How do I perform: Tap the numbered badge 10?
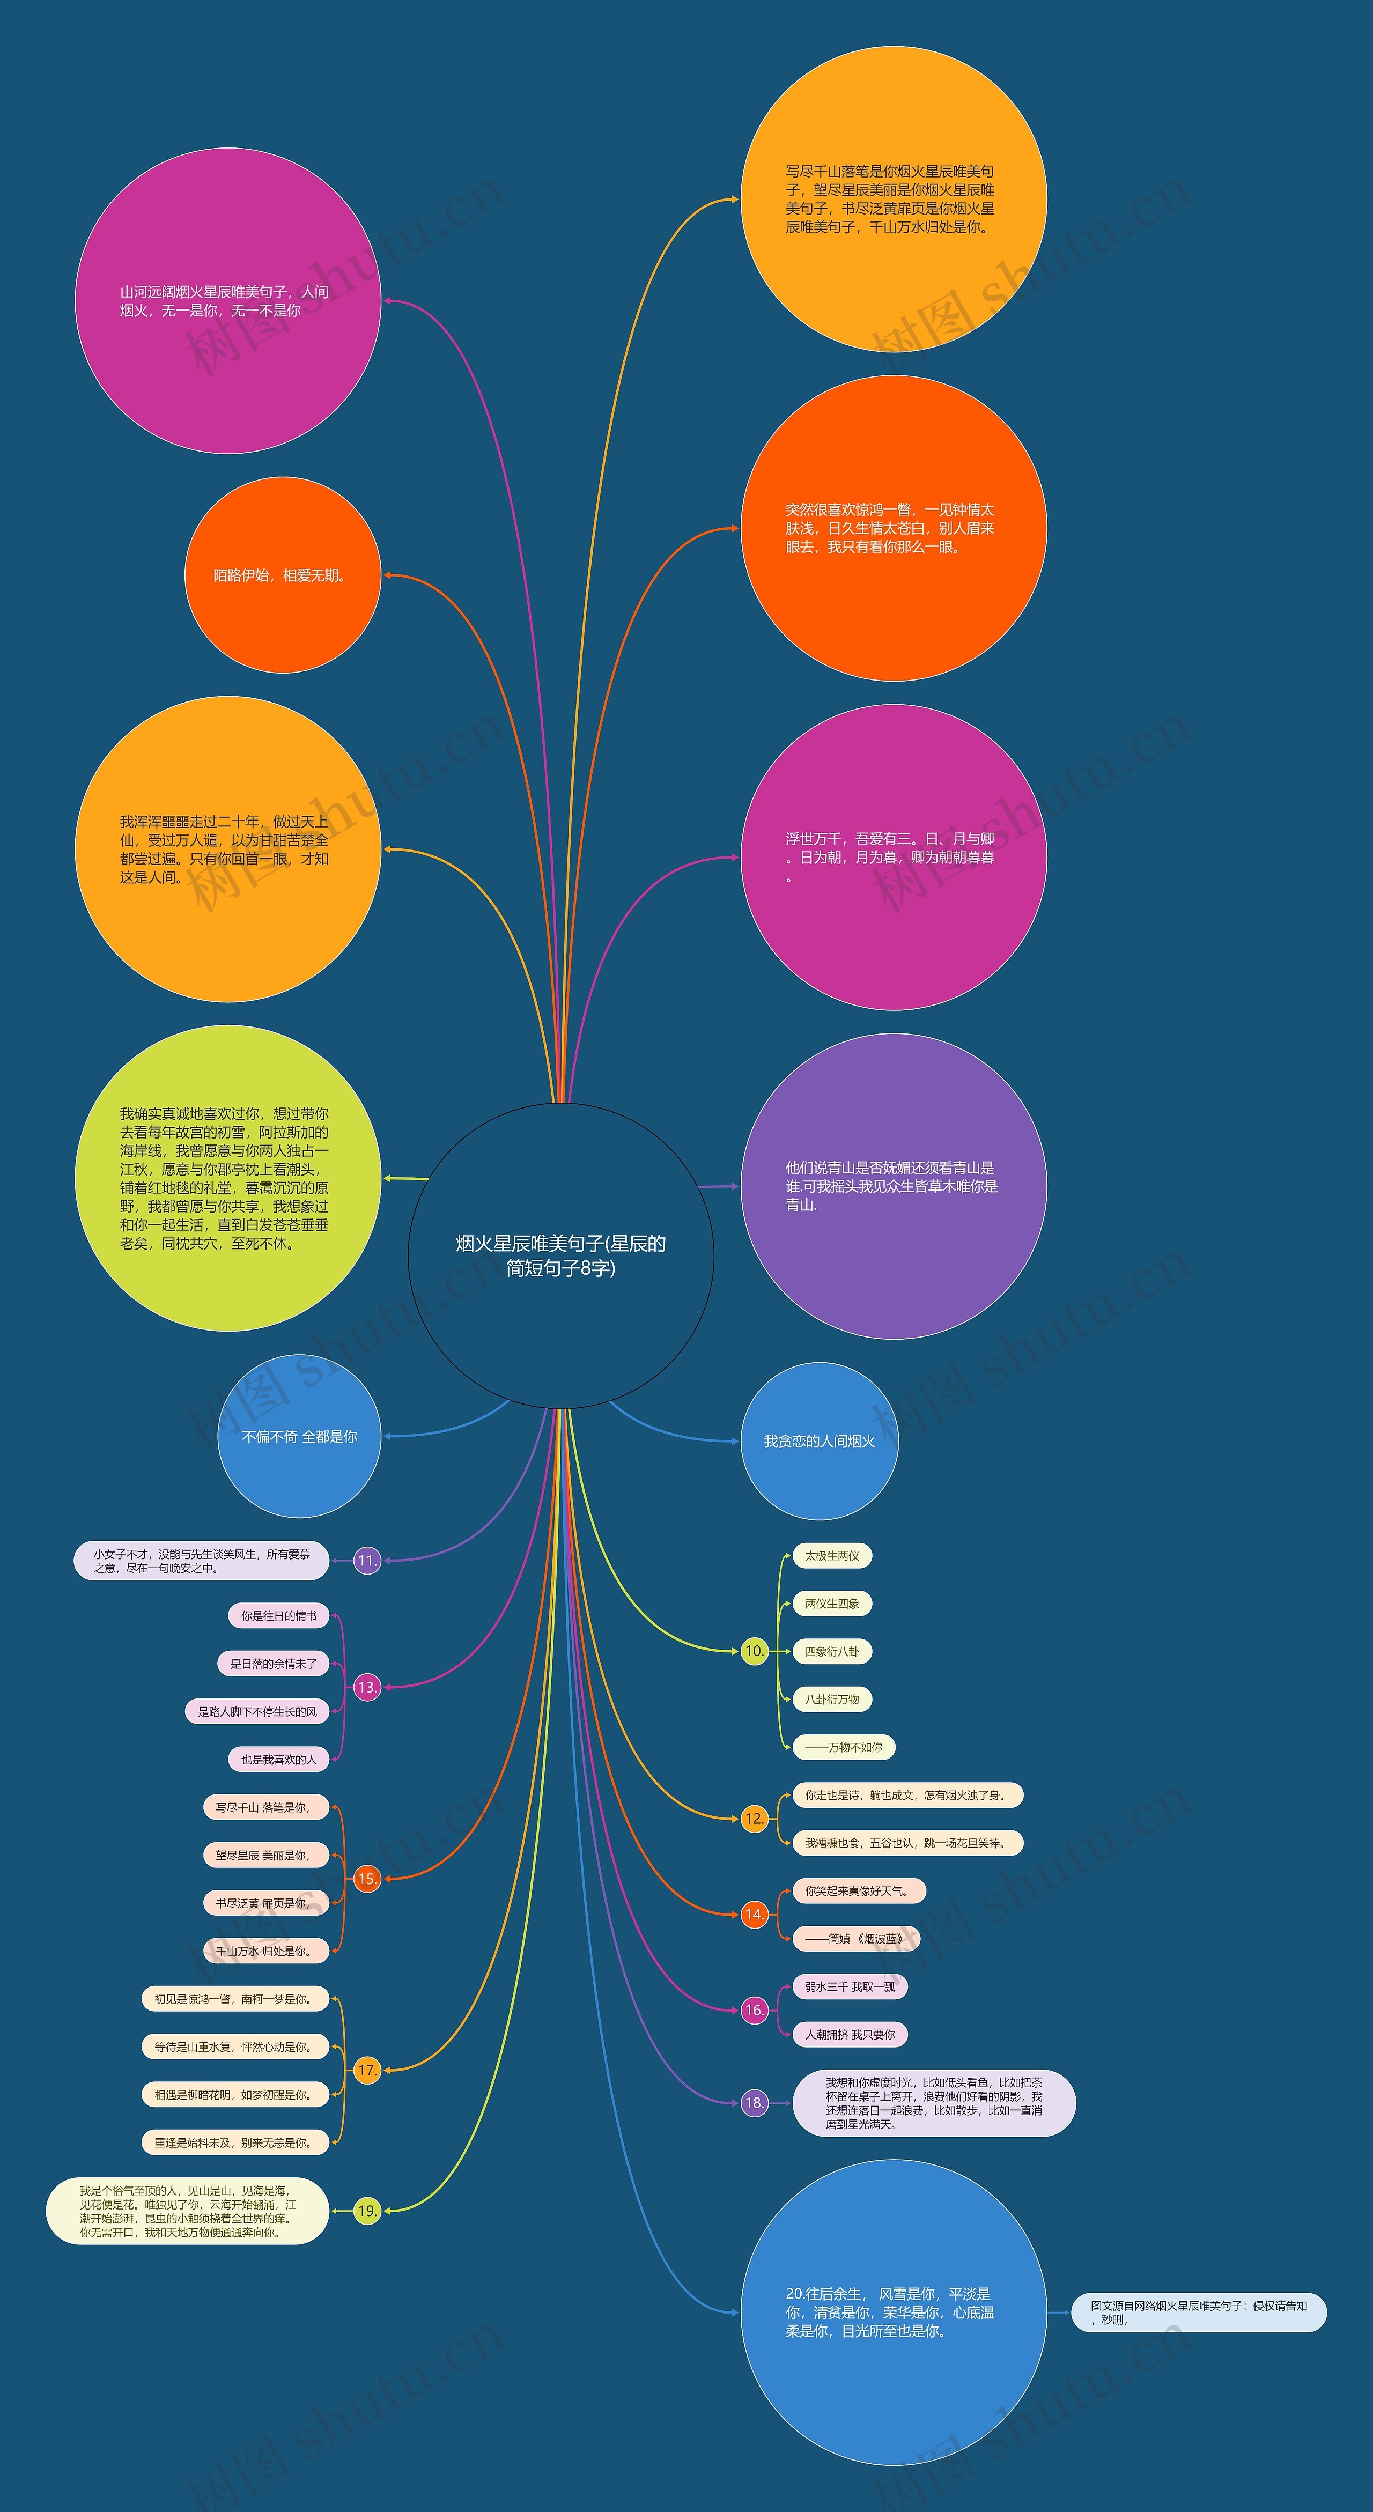point(754,1651)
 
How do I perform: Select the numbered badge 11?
point(367,1560)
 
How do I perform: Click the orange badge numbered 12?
point(754,1819)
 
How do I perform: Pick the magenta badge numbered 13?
point(367,1687)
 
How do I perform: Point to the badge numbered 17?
point(367,2070)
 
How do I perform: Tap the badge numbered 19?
point(367,2211)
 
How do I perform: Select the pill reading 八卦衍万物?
point(832,1700)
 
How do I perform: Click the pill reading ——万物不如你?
point(844,1747)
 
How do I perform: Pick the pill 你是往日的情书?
point(279,1616)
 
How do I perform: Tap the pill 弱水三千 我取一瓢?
point(850,1986)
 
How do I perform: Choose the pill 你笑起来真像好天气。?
point(858,1891)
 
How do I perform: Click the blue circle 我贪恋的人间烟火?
point(819,1441)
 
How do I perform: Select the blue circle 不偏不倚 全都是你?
point(299,1436)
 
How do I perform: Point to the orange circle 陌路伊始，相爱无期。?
point(282,575)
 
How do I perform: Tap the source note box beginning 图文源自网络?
point(1199,2312)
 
